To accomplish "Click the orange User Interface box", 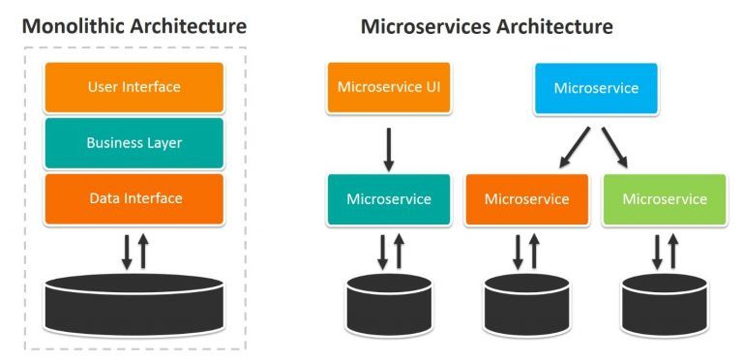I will tap(134, 87).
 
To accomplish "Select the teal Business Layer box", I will tap(134, 143).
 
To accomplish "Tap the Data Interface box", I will tap(134, 198).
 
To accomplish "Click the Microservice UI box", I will tap(388, 88).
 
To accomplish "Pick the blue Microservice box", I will tap(596, 88).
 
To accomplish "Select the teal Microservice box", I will tap(388, 199).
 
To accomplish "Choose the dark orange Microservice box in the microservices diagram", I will tap(526, 199).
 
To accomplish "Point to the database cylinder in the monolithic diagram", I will tap(134, 299).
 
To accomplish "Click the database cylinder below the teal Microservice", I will tap(388, 303).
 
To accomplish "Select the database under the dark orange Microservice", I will tap(526, 303).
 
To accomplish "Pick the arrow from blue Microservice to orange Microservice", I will tap(573, 144).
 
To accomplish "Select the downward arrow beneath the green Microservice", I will tap(657, 250).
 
